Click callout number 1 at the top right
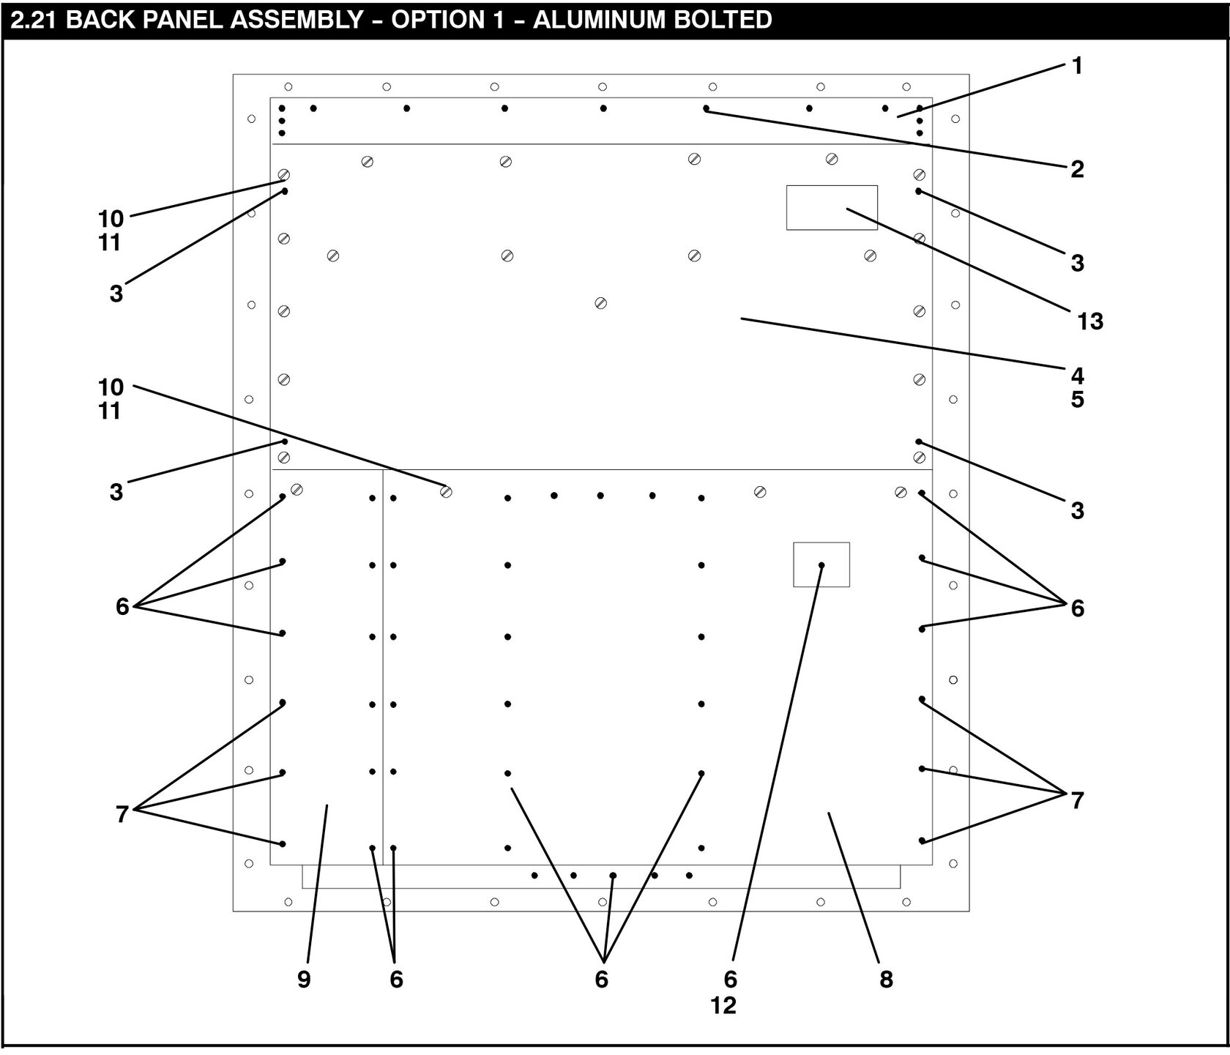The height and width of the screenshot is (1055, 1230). (1077, 66)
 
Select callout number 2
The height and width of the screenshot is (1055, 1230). (1077, 169)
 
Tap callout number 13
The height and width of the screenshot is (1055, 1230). (1090, 321)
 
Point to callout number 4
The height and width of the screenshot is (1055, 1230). (1077, 376)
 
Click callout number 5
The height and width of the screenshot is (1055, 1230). (1077, 400)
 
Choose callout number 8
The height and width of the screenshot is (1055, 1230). (886, 979)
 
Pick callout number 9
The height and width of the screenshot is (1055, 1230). (304, 979)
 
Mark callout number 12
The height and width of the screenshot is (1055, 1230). (723, 1005)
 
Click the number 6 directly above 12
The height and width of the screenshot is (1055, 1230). (730, 979)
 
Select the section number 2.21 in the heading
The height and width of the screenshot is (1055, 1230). (35, 19)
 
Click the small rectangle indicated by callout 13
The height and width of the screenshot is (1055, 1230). (832, 207)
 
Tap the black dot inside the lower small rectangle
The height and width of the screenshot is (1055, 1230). (821, 565)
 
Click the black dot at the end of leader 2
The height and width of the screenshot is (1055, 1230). (706, 108)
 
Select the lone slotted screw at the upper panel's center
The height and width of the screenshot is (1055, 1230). (600, 302)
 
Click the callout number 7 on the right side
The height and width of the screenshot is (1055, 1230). (1077, 800)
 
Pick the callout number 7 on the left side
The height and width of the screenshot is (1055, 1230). (122, 813)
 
